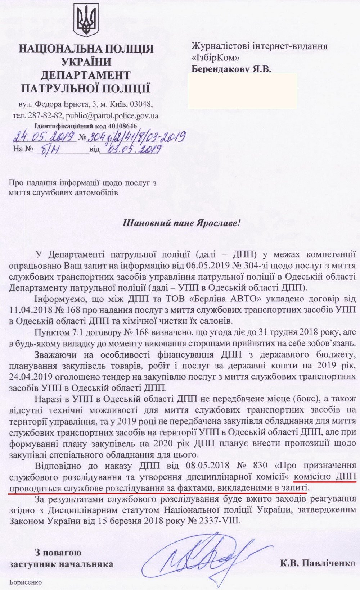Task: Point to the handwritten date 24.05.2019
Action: coord(43,137)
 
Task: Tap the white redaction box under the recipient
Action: coord(243,91)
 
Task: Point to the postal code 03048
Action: coord(141,105)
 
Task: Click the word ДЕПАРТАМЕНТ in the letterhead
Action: coord(85,75)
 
